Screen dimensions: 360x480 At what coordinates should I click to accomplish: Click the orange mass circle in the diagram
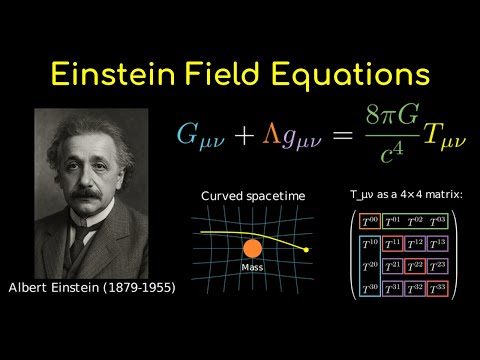253,250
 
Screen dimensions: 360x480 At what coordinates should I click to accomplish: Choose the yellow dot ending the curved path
307,249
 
